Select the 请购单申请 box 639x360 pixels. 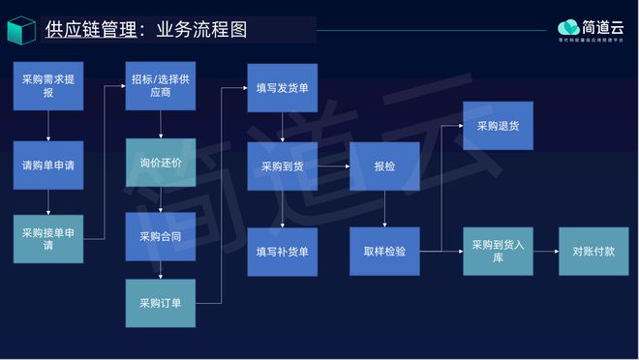point(48,165)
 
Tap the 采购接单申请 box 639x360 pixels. point(48,239)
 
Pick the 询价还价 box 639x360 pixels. point(161,163)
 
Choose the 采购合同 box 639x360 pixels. point(161,236)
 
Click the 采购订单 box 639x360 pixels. point(161,302)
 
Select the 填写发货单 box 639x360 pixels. point(282,88)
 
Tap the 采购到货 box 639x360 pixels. point(282,166)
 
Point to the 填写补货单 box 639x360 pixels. point(282,252)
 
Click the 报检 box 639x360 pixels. point(384,166)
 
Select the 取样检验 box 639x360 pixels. point(384,251)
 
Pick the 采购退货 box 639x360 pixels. point(498,126)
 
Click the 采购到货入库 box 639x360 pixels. point(498,251)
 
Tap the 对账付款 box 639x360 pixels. point(593,251)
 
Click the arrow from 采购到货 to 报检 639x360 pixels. point(334,166)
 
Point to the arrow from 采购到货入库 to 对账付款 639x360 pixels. point(546,251)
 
